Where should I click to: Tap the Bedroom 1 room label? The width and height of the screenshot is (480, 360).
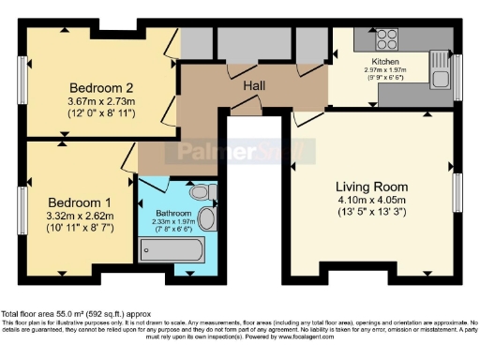[x=81, y=202]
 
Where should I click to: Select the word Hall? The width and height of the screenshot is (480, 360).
[x=254, y=86]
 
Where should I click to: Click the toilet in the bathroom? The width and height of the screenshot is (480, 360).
[x=199, y=192]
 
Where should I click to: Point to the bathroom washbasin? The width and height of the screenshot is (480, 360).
[x=206, y=219]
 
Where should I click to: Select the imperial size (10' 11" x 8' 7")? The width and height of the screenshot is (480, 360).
[x=81, y=230]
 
